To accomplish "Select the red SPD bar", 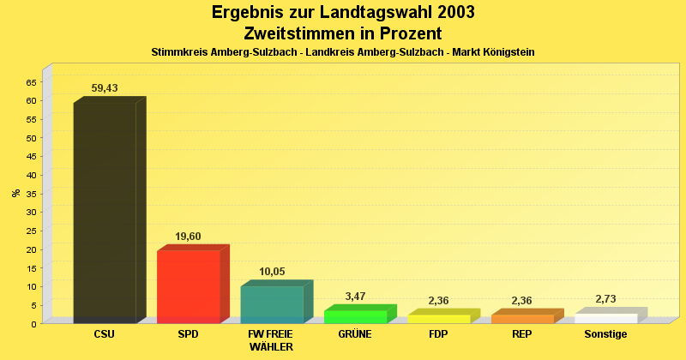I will click(x=189, y=285).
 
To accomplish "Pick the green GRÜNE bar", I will click(x=356, y=316).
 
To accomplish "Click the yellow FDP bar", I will click(x=439, y=319).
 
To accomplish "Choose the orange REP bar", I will click(x=522, y=319).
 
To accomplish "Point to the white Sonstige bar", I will click(x=605, y=318).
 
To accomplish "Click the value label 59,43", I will click(x=105, y=88).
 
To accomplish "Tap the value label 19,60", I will click(x=188, y=237).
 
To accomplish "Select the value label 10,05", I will click(x=272, y=272).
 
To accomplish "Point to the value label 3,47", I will click(x=355, y=297).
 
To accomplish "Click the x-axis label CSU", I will click(x=104, y=334).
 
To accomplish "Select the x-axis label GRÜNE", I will click(x=355, y=334).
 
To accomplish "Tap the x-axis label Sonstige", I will click(x=605, y=334).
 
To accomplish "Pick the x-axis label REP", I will click(x=522, y=334).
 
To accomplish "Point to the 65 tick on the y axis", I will click(x=31, y=82).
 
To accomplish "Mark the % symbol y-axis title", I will click(x=15, y=193).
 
